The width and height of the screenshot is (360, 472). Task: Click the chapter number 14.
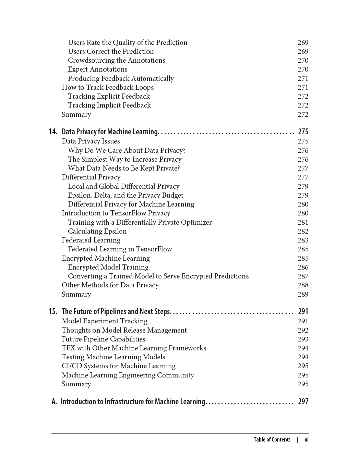[53, 132]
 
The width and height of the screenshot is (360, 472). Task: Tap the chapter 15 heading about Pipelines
[116, 312]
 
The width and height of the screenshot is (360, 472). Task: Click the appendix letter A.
[54, 401]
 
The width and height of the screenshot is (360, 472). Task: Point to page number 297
[303, 401]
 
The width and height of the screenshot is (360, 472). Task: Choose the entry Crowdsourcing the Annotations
[117, 60]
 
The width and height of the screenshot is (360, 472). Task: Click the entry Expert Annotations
[98, 69]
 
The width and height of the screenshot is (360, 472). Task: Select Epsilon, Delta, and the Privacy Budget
[125, 195]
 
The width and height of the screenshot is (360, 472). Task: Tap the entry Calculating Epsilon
[97, 231]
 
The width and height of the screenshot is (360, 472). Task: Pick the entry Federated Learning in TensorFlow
[120, 249]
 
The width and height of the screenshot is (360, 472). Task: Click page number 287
[303, 276]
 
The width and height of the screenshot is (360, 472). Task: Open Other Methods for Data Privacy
[110, 285]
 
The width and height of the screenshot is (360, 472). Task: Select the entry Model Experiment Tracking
[105, 321]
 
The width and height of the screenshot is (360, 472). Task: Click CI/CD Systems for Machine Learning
[119, 366]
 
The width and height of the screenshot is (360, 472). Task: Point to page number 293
[303, 339]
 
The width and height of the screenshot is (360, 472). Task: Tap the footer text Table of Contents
[272, 439]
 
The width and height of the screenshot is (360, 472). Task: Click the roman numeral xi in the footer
[307, 439]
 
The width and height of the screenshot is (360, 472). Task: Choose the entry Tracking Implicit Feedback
[109, 105]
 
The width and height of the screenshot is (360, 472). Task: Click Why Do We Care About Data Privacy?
[127, 150]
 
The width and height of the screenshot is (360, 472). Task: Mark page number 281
[303, 222]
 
